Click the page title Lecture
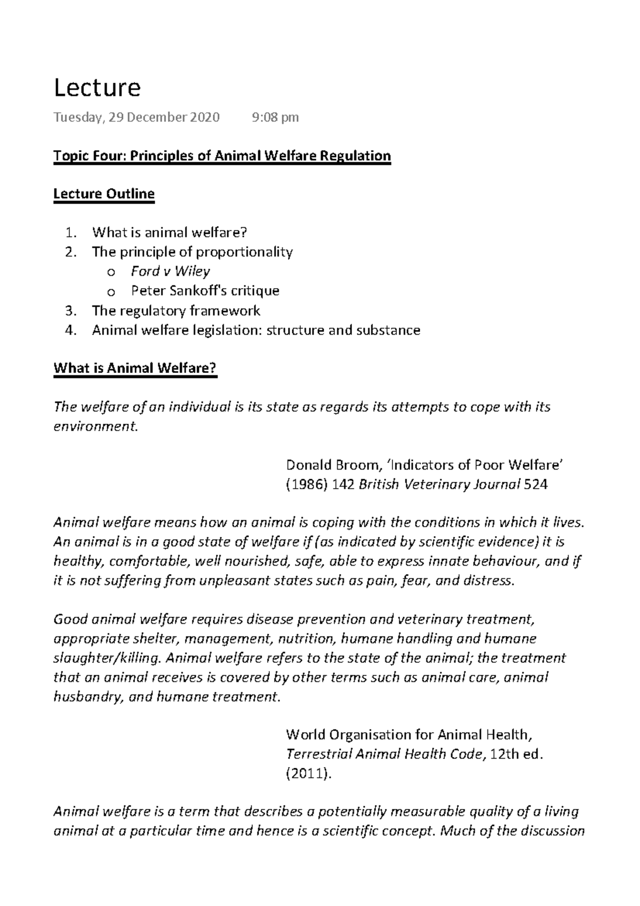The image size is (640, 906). (97, 88)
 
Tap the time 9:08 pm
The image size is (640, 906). (275, 117)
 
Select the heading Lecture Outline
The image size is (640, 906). (104, 194)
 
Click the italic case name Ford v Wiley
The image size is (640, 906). (170, 271)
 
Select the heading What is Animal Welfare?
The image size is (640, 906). (135, 368)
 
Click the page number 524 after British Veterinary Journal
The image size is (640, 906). (536, 485)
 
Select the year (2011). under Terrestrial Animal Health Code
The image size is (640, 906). (309, 774)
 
